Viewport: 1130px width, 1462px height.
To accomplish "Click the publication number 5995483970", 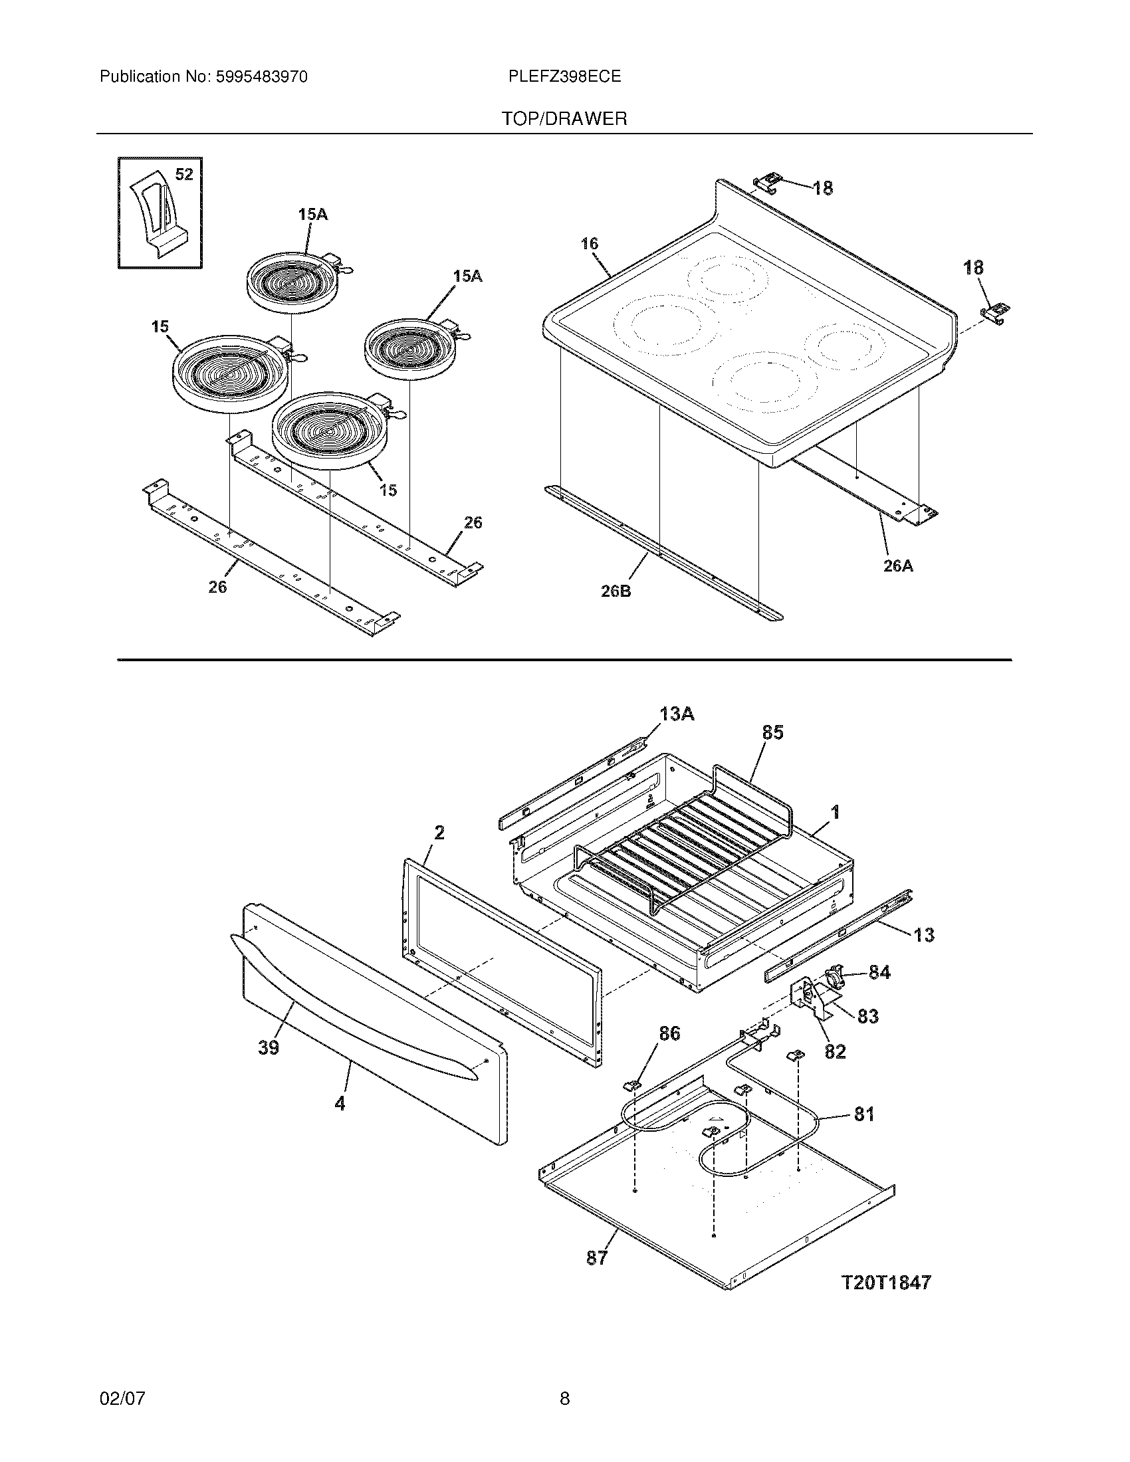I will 261,77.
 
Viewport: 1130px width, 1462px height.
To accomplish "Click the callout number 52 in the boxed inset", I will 184,175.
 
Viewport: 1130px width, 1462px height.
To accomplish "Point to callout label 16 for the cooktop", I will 589,244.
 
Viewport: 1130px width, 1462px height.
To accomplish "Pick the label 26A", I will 898,566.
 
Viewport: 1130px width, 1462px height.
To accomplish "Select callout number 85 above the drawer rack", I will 772,733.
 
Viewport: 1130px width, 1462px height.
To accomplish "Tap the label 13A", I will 676,714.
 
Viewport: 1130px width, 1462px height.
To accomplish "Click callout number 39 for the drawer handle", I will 269,1047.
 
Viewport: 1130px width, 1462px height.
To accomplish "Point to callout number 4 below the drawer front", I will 340,1103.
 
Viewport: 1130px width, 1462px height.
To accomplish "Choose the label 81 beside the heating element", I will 864,1114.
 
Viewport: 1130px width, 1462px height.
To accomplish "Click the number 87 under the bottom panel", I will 596,1258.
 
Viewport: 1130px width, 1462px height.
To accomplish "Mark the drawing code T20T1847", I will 885,1283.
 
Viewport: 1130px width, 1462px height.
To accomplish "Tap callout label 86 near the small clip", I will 669,1034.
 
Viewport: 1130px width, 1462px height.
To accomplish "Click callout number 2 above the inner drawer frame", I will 439,833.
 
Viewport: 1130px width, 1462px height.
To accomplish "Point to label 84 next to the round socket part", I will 879,973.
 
